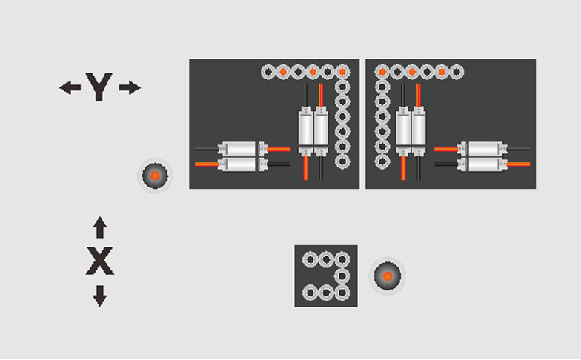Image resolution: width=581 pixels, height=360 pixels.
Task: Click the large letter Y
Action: (99, 87)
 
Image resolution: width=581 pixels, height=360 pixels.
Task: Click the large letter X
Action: (99, 261)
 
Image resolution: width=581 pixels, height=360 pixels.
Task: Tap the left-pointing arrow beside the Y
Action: (70, 87)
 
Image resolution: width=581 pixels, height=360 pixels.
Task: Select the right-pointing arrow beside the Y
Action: (130, 87)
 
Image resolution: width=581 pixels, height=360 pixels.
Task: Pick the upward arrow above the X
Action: (100, 227)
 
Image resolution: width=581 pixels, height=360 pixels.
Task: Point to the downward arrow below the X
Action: (100, 296)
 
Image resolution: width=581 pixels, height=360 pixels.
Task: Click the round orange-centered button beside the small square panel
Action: (387, 276)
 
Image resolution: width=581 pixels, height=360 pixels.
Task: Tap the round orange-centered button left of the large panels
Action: (155, 176)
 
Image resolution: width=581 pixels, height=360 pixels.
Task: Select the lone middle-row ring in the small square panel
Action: (342, 276)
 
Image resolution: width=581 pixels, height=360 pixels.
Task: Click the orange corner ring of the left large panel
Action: (342, 72)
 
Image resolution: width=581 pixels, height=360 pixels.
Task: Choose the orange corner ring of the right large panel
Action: (382, 72)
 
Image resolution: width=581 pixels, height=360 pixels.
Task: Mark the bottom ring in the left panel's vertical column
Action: (342, 161)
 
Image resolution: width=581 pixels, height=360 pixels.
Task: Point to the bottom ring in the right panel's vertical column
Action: (382, 161)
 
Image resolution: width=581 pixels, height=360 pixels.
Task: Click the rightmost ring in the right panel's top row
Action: (456, 72)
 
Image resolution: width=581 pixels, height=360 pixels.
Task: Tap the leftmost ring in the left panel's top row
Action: (268, 72)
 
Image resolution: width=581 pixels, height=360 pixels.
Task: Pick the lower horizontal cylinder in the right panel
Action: (482, 164)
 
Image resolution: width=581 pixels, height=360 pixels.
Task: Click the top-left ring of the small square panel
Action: (311, 259)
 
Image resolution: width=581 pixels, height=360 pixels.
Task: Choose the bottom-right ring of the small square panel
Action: (342, 293)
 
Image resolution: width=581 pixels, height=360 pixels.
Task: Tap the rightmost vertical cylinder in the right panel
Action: (419, 131)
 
